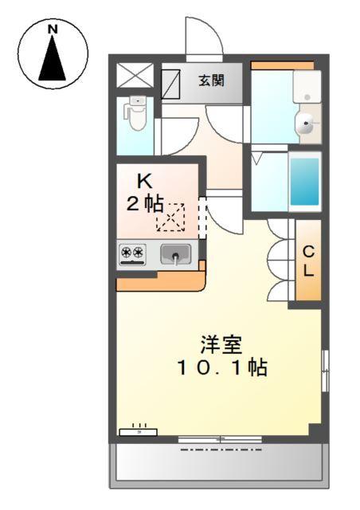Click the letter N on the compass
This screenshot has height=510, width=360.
click(53, 30)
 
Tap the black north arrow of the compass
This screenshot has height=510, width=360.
click(53, 60)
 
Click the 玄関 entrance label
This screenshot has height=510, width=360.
click(211, 80)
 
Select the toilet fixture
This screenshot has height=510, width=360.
click(136, 116)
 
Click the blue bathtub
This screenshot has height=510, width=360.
click(303, 180)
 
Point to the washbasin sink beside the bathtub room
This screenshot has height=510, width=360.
click(305, 124)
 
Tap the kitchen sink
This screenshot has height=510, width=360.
click(176, 254)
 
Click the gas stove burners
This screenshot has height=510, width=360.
click(132, 253)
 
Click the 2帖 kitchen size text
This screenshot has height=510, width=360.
click(144, 203)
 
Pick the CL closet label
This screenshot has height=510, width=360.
click(308, 260)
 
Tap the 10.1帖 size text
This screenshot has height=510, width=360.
click(221, 368)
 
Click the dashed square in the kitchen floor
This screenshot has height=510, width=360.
click(170, 218)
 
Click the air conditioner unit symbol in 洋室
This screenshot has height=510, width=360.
click(138, 431)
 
